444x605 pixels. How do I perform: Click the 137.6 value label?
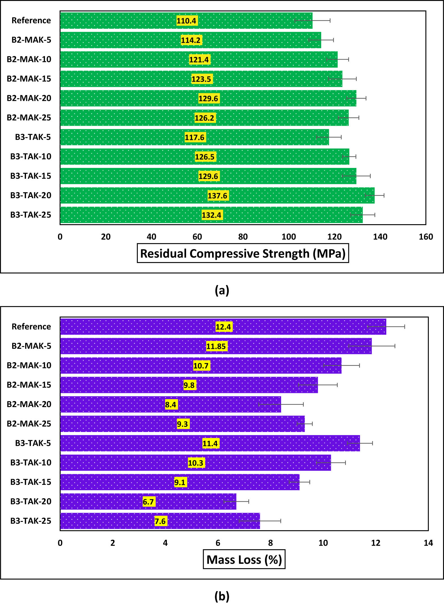(x=217, y=196)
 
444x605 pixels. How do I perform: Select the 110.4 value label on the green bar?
(x=186, y=21)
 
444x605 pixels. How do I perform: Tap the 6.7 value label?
(x=148, y=502)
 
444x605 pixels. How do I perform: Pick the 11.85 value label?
(x=216, y=346)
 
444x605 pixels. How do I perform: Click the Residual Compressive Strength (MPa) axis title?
(x=243, y=254)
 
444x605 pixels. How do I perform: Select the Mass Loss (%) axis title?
(x=244, y=559)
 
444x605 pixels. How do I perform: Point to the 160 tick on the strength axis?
(x=426, y=237)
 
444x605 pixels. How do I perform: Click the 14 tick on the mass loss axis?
(x=428, y=543)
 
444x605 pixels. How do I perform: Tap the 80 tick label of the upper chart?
(x=243, y=237)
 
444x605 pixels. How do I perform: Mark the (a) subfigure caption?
(x=222, y=290)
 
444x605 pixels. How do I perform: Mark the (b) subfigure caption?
(x=222, y=596)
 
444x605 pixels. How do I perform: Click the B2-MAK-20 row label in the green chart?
(x=29, y=98)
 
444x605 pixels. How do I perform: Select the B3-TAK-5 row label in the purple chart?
(x=33, y=443)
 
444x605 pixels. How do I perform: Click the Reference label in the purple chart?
(x=31, y=327)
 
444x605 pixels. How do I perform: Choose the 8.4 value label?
(x=171, y=405)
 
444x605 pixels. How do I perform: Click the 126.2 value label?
(x=205, y=118)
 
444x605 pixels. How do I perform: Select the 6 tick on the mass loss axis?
(x=218, y=543)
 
